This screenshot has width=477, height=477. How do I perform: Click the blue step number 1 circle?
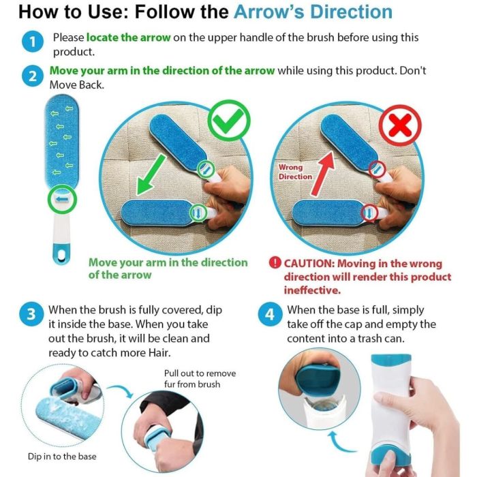click(x=33, y=42)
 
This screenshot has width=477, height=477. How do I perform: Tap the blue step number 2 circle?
click(x=33, y=76)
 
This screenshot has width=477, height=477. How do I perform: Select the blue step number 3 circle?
click(x=31, y=314)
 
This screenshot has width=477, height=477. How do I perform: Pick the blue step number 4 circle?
click(x=270, y=314)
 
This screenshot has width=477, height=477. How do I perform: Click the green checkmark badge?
click(x=229, y=121)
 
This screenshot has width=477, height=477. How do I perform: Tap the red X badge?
click(x=400, y=125)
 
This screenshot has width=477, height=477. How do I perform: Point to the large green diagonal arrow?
click(x=151, y=174)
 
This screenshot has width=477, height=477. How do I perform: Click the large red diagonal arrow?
click(x=323, y=173)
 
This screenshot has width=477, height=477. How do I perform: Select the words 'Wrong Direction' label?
click(x=295, y=172)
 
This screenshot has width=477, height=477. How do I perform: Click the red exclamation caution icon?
click(x=275, y=262)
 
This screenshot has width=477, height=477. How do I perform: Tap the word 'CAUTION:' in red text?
click(x=309, y=263)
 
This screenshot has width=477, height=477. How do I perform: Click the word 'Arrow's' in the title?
click(x=269, y=12)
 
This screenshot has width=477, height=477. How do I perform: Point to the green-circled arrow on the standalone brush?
click(x=62, y=199)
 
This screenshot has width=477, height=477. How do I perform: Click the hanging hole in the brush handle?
click(x=62, y=256)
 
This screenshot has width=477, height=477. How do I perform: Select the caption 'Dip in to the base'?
click(x=62, y=457)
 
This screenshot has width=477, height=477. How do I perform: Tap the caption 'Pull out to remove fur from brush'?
click(x=200, y=379)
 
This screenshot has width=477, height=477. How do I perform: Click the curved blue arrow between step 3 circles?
click(x=121, y=390)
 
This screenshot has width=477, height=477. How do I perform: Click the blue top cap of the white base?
click(x=391, y=360)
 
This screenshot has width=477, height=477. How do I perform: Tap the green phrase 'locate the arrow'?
click(x=128, y=37)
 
